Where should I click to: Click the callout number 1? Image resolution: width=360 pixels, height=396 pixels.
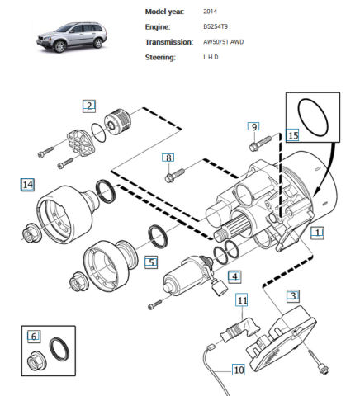[x=317, y=233]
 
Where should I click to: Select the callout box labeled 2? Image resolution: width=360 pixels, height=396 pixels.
[x=88, y=106]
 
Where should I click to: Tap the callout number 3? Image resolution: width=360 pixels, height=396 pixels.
[x=293, y=295]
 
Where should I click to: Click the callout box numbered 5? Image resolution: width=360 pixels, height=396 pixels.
[x=151, y=262]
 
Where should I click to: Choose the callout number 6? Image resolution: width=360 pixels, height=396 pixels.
[x=34, y=336]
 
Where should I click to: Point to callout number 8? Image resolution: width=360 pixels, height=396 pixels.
[x=168, y=157]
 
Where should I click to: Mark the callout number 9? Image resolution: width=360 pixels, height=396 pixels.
[x=254, y=127]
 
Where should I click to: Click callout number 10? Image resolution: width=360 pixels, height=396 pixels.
[x=238, y=370]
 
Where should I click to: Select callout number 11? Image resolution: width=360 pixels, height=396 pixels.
[x=242, y=302]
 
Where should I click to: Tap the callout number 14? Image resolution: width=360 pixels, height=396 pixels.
[x=28, y=185]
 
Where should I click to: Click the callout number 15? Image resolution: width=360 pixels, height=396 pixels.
[x=292, y=134]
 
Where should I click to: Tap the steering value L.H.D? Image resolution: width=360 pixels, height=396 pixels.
[x=212, y=57]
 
